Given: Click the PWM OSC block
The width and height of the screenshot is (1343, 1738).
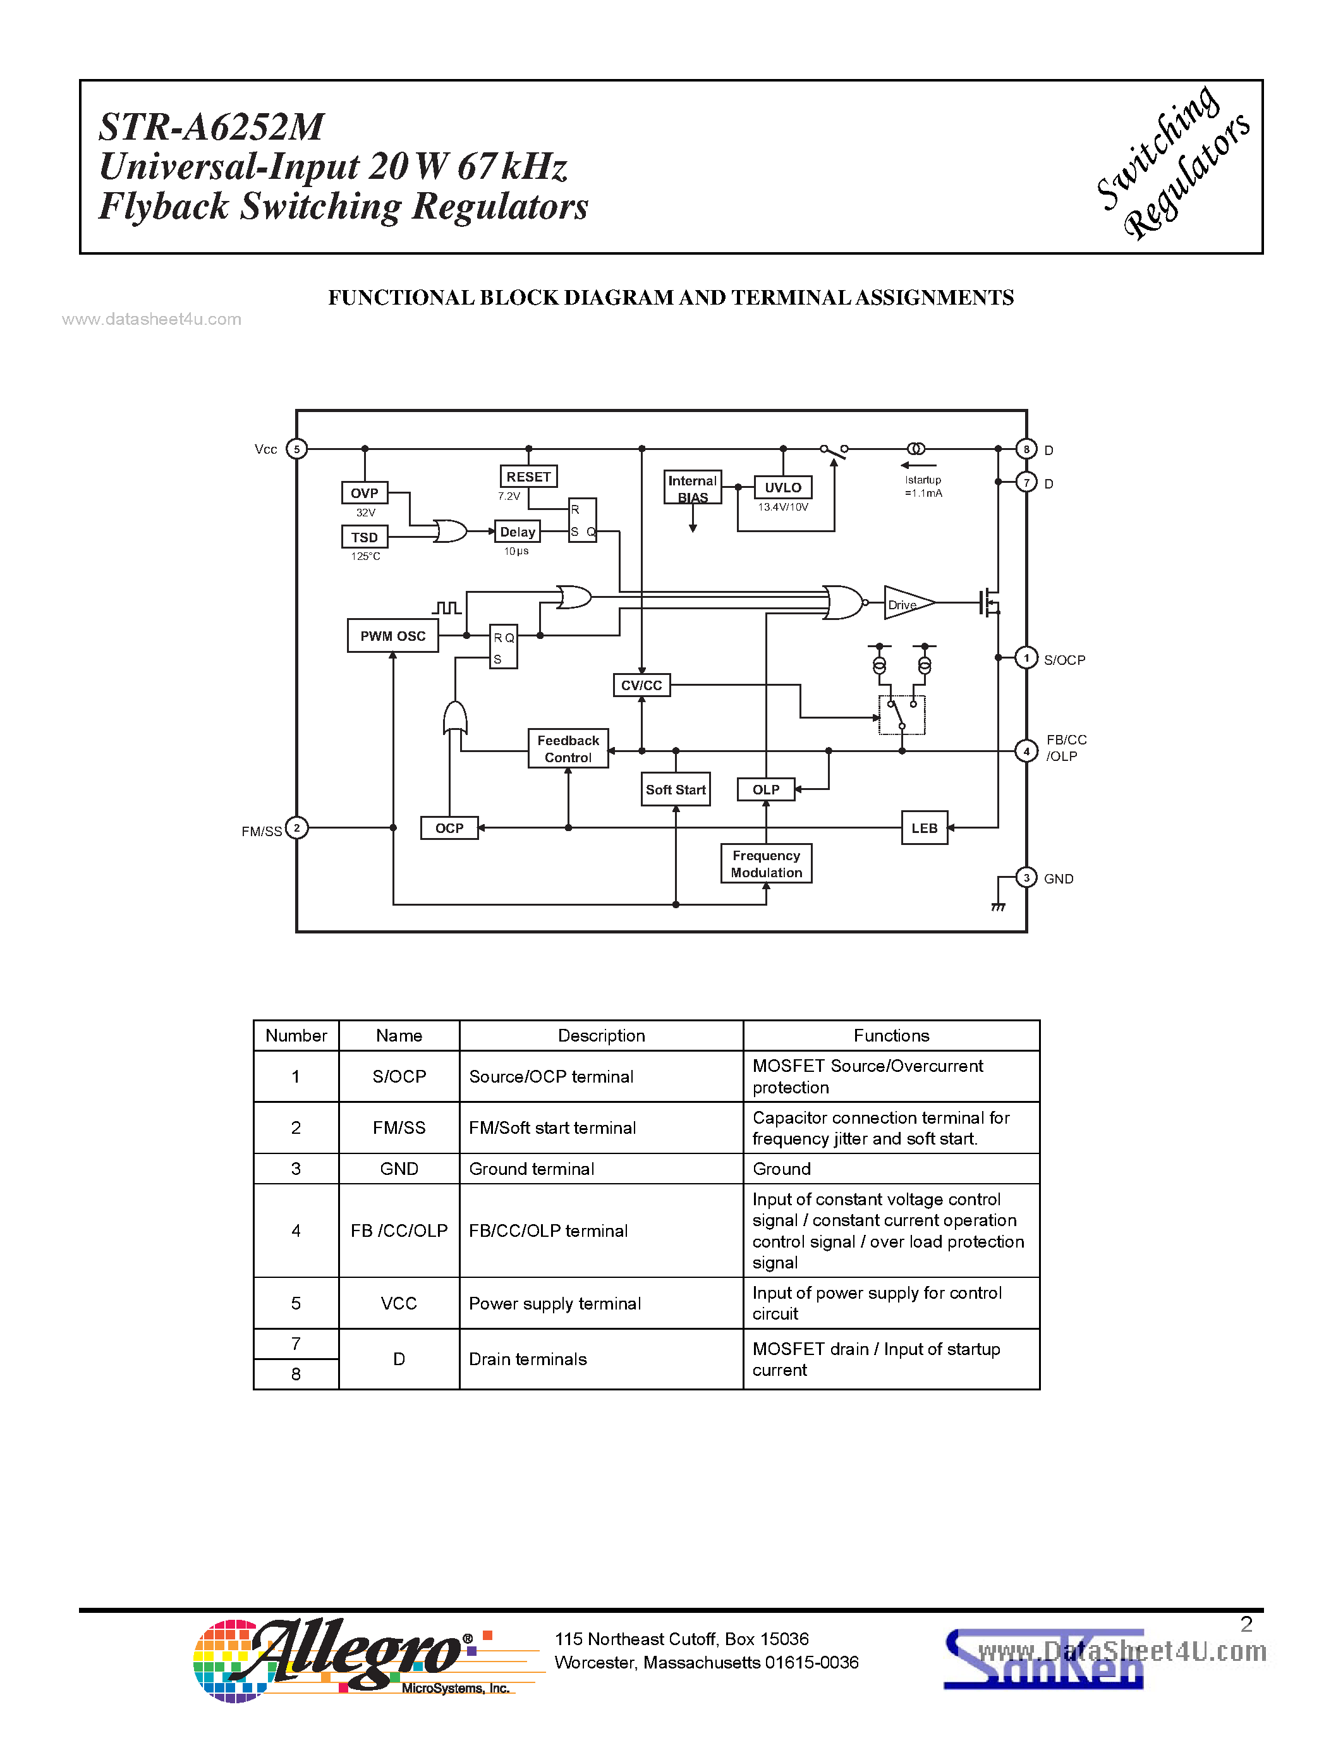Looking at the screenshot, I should [392, 636].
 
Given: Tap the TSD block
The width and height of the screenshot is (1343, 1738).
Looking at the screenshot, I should [365, 537].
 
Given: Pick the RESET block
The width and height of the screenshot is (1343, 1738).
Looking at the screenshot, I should [528, 477].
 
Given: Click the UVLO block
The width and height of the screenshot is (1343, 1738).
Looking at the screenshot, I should [783, 488].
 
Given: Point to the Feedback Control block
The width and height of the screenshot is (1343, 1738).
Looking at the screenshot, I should [568, 749].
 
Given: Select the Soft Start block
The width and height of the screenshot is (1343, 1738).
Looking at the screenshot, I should [676, 789].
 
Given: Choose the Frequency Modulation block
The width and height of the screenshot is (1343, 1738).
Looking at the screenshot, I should [766, 864].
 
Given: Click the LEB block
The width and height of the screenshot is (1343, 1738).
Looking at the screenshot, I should [925, 829].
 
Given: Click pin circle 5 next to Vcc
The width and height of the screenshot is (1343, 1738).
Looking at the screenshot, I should [297, 449].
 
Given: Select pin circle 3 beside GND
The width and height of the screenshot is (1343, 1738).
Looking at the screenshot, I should [1026, 878].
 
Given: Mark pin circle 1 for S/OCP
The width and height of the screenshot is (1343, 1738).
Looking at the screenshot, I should [1026, 658].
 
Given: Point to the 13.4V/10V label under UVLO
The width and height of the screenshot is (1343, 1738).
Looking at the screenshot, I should [783, 507].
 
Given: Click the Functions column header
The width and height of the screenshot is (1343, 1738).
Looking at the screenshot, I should [891, 1035].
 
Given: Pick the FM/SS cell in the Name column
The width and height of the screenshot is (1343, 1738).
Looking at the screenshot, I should [399, 1127].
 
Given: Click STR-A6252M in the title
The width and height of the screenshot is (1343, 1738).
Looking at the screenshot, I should [212, 127].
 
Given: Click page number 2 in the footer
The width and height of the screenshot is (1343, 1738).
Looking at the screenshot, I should [1246, 1624].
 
